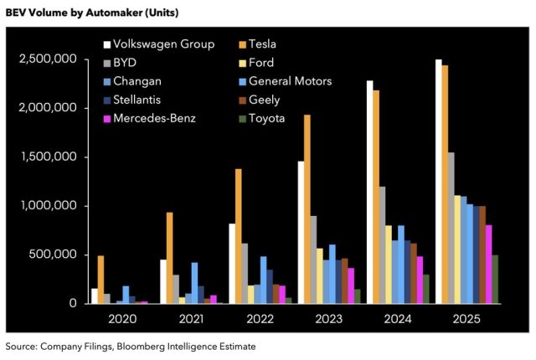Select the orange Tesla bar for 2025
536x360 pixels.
click(x=444, y=184)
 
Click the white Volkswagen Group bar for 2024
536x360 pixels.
click(x=369, y=192)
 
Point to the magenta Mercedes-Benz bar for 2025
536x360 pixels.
click(x=489, y=264)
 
